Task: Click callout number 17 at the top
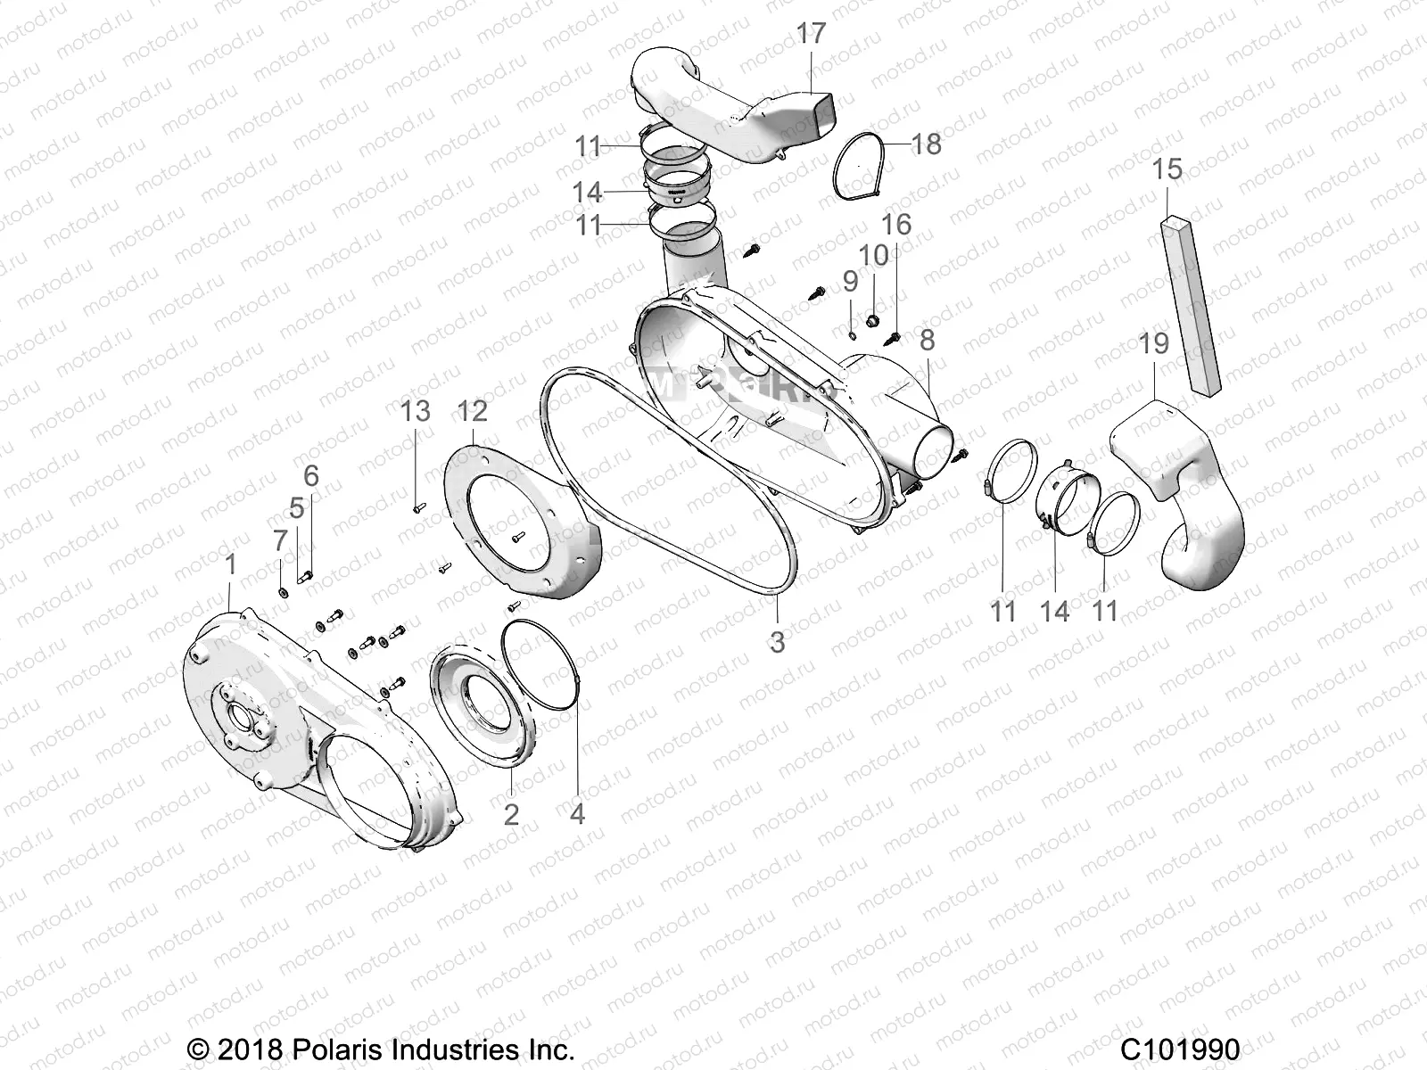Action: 811,35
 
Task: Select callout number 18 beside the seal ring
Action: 927,144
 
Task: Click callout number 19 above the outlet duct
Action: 1154,344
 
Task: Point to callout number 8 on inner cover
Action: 927,340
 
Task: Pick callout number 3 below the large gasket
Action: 777,641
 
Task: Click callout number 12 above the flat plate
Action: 473,411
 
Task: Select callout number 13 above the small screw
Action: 416,411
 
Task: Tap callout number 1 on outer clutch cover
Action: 231,564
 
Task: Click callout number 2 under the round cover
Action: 511,813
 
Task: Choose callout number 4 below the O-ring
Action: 577,813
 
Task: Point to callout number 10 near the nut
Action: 873,255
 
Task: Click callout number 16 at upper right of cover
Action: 896,224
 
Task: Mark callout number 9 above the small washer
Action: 850,282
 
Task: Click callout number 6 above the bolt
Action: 310,475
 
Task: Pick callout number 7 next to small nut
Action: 280,539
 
